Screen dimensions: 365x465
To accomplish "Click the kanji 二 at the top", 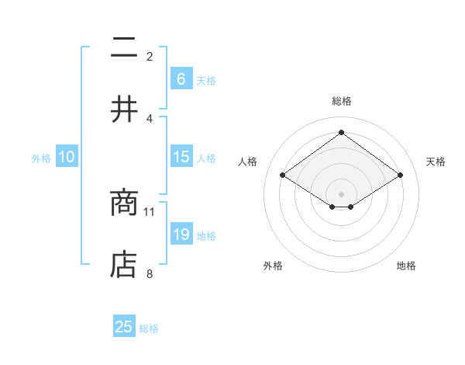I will (x=123, y=49).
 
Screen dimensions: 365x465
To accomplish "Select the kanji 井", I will (x=123, y=109).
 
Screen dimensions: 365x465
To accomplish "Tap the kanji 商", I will (x=123, y=204).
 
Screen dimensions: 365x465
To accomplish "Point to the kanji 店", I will (x=123, y=264).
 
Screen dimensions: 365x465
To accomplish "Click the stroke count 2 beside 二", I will (x=150, y=56).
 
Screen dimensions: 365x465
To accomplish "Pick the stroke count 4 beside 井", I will (x=150, y=118).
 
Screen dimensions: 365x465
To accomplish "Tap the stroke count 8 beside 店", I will (x=150, y=273).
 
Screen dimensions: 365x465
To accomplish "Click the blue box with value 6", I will (x=181, y=78).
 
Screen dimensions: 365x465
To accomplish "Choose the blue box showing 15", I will (x=181, y=157).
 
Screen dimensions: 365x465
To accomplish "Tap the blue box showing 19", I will (x=181, y=235).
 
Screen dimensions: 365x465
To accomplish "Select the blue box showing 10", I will (x=67, y=157).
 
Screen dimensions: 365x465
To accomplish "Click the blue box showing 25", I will (x=124, y=327).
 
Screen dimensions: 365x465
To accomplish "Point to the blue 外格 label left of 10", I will (x=41, y=158).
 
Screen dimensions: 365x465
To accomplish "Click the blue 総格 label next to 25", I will (x=149, y=328).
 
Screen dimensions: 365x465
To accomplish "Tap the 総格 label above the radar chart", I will (x=341, y=101).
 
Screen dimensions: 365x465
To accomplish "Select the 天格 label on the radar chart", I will (x=436, y=162).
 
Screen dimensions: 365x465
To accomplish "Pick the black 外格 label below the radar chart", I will (x=273, y=266).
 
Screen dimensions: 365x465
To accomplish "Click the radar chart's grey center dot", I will (x=341, y=193).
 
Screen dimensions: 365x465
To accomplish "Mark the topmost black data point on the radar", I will (x=341, y=132).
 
